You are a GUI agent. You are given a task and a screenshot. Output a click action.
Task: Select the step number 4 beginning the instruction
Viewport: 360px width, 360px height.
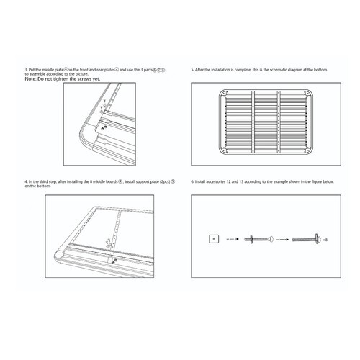25,182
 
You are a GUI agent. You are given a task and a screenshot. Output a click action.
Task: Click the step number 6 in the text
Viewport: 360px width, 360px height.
192,182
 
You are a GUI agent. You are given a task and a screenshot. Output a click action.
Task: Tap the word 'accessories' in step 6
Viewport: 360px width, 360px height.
217,182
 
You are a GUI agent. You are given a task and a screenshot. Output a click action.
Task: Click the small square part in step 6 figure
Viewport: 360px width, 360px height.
212,237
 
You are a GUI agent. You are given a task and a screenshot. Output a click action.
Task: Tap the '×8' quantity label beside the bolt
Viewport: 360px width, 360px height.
325,238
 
